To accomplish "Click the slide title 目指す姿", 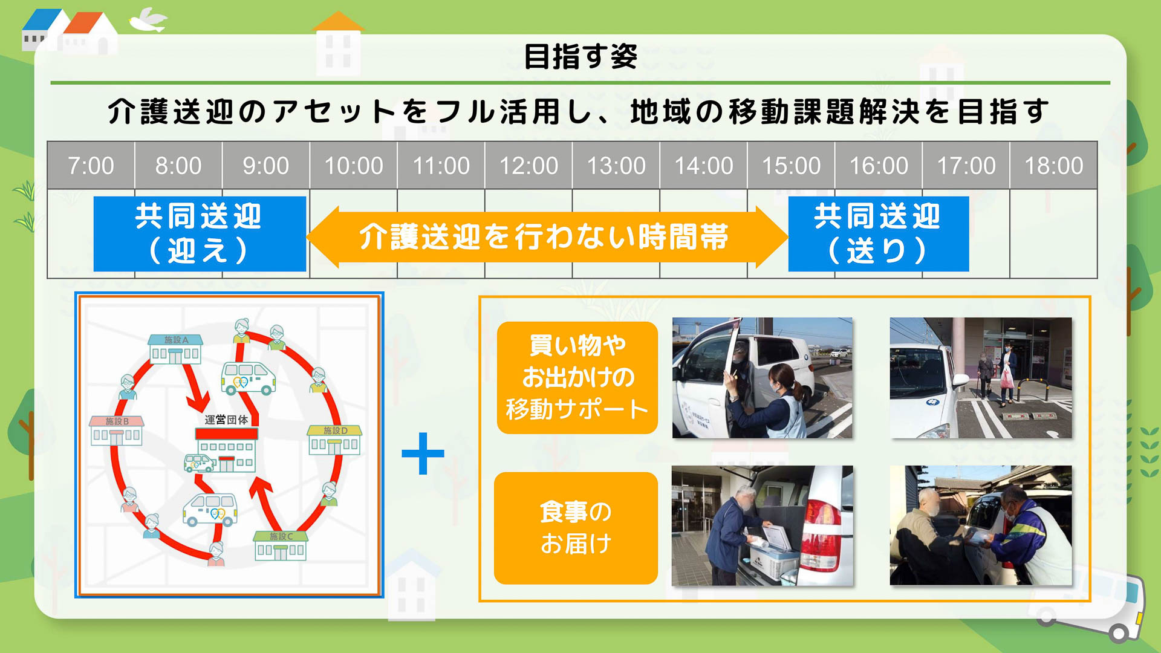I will click(x=580, y=57).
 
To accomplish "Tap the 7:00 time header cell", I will click(x=91, y=165).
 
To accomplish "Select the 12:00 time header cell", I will click(x=528, y=165).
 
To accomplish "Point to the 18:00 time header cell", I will click(x=1053, y=165).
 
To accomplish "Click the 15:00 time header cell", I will click(x=791, y=165).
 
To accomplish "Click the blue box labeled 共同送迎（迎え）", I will click(x=200, y=233).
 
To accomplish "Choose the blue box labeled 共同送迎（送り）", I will click(x=878, y=233).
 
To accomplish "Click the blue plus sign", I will click(x=423, y=453).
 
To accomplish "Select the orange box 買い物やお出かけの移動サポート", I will click(x=577, y=377).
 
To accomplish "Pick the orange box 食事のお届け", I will click(x=576, y=528).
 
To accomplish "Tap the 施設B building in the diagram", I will click(x=116, y=430).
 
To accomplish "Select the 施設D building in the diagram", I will click(x=334, y=440).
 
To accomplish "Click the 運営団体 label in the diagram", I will click(x=226, y=420).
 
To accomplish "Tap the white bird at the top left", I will click(x=148, y=20).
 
